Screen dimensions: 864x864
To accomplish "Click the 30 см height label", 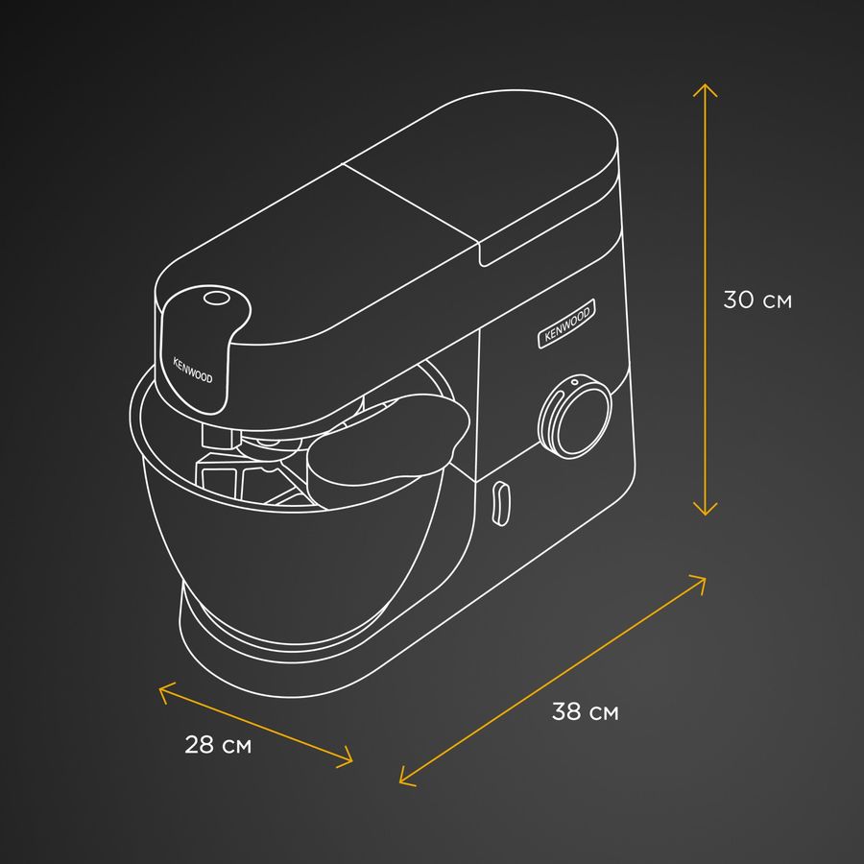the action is [x=757, y=300].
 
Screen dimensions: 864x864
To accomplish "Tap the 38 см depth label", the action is [x=586, y=711].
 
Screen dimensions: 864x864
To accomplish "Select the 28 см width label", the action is [x=218, y=744].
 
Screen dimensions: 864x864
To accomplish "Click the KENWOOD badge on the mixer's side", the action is [x=566, y=324].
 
